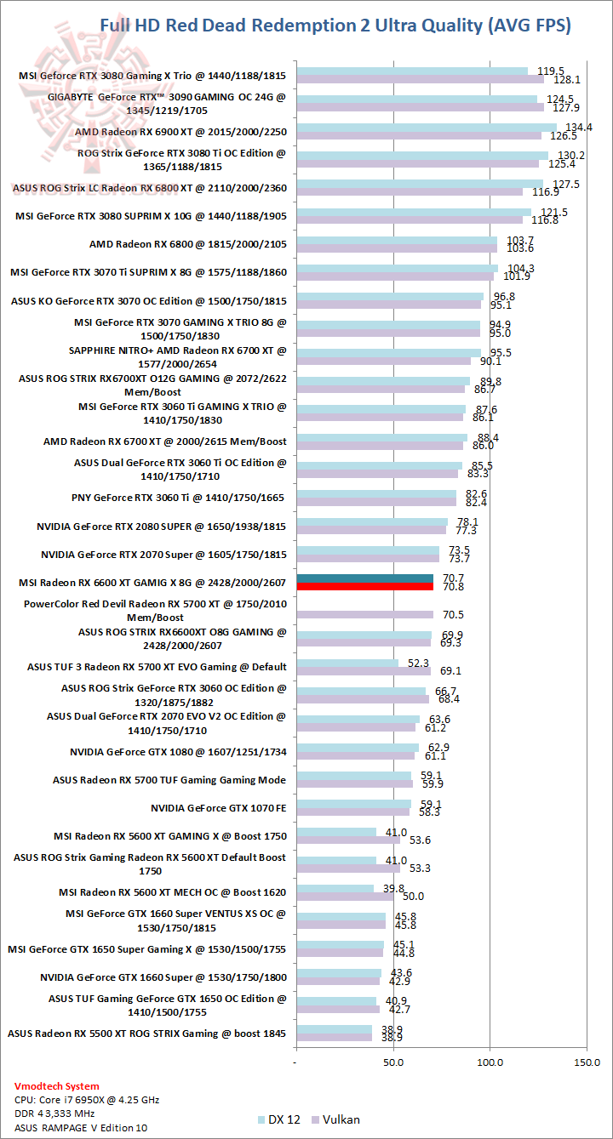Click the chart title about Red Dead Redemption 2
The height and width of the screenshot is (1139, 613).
coord(335,26)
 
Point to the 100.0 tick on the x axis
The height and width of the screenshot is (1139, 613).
coord(490,1062)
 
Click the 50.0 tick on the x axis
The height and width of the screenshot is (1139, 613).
coord(393,1062)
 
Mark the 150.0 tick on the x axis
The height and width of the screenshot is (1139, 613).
coord(587,1062)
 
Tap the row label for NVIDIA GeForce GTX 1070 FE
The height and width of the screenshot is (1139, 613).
coord(218,808)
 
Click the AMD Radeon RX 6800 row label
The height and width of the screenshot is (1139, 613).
coord(187,244)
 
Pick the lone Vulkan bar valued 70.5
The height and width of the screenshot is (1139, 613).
coord(364,614)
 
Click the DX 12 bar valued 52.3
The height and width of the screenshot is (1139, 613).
coord(347,663)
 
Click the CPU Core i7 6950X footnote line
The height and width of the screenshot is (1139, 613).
coord(87,1099)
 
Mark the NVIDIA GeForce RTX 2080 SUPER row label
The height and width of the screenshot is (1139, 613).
coord(162,527)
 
